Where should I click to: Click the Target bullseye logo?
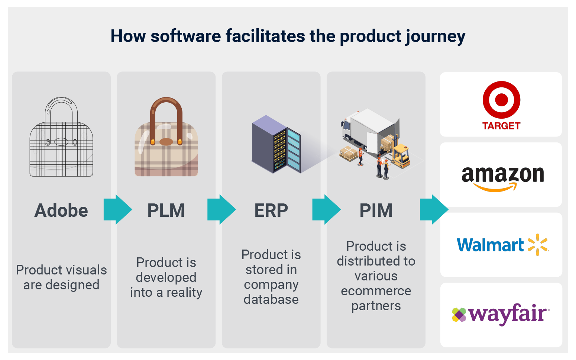[x=501, y=100]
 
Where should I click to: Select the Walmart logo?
[x=502, y=245]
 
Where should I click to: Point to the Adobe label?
[x=61, y=210]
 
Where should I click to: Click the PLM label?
[x=166, y=210]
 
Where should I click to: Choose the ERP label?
[x=271, y=210]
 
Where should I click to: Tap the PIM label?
[x=376, y=210]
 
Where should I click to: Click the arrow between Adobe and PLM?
[x=117, y=209]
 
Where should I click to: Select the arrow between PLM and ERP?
[x=221, y=209]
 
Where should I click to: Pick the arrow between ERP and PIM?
[x=326, y=209]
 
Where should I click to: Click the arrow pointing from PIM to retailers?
[x=434, y=209]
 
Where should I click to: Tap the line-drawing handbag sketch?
[x=61, y=138]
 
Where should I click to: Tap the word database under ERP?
[x=271, y=299]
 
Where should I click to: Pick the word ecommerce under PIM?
[x=376, y=291]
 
